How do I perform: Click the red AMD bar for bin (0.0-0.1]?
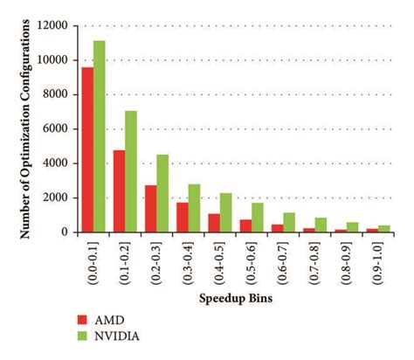[87, 149]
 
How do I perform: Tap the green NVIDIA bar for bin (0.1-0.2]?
[131, 171]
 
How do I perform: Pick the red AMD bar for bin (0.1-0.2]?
[119, 191]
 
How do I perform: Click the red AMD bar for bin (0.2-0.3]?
[150, 209]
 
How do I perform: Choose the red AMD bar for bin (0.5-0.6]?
[245, 225]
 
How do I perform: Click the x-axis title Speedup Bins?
[233, 299]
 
